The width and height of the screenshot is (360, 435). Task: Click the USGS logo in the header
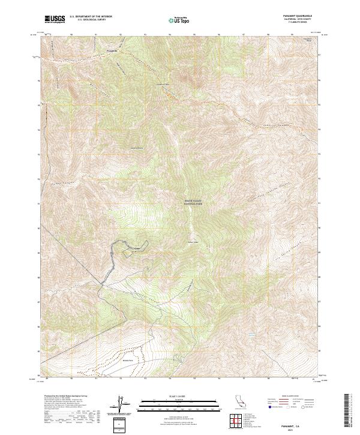click(x=55, y=19)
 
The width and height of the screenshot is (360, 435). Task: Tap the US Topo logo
click(x=180, y=20)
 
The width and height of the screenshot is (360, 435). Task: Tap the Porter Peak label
click(x=193, y=242)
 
